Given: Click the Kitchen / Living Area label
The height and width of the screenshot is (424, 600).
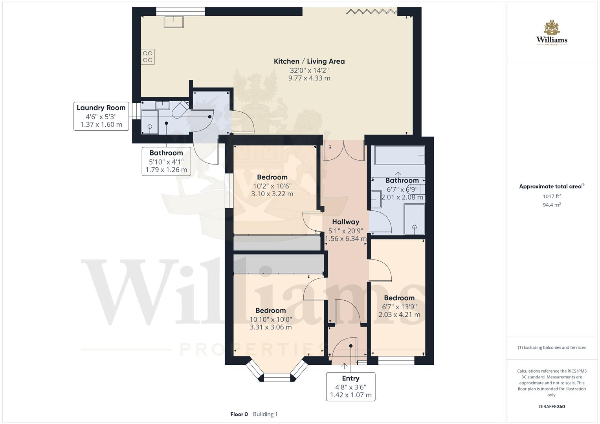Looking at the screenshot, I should point(309,61).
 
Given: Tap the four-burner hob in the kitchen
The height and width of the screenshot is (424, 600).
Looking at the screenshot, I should point(148,57).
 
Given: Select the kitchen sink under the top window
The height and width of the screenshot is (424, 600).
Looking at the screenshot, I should point(174,22).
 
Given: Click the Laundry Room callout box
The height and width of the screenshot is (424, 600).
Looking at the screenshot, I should point(101,116).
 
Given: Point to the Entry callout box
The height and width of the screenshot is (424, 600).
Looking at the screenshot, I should point(350,387).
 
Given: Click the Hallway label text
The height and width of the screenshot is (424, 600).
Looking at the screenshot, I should point(345,222).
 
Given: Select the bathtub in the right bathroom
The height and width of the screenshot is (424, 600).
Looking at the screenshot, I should point(400,155).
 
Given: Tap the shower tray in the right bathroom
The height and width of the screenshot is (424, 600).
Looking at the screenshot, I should point(414,219).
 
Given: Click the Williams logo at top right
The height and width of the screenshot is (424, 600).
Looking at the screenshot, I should point(552,33).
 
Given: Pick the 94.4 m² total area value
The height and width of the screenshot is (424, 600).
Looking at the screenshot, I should point(552,205).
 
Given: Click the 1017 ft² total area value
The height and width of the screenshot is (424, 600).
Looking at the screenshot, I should point(552,196).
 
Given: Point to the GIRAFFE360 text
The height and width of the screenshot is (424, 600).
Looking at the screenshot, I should point(552,406).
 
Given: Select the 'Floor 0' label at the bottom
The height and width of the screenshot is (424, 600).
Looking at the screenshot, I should point(239,414).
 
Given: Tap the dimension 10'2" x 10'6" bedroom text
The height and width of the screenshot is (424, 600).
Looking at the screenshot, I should point(272,186).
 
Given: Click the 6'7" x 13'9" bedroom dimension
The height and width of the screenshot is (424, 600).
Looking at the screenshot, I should point(399,307).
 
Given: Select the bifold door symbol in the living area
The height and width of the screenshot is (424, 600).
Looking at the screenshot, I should point(371,11).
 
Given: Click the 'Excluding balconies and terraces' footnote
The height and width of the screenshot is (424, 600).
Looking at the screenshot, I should point(552,347).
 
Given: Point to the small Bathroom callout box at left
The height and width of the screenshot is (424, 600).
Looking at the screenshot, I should point(166,161).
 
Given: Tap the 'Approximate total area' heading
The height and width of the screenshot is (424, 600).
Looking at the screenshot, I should point(550,186).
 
